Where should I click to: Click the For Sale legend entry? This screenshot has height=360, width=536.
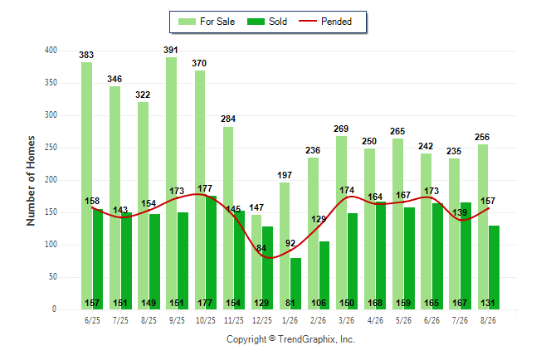click(207, 22)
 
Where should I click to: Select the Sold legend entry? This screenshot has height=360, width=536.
click(267, 22)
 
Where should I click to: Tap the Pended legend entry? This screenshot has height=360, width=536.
click(325, 22)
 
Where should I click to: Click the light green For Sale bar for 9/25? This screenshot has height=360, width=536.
click(172, 183)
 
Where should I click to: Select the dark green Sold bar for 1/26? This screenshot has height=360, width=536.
click(295, 284)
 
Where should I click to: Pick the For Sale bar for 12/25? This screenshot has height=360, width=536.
click(256, 262)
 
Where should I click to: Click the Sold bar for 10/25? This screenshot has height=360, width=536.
click(211, 253)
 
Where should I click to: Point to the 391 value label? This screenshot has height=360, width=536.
click(171, 51)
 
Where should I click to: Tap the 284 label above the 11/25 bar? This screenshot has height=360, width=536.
click(228, 119)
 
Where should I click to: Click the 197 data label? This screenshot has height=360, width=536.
click(285, 175)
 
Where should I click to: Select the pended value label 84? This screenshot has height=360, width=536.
click(261, 248)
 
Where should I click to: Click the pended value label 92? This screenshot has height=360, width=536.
click(290, 243)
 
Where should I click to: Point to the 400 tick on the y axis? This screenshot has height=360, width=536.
click(51, 51)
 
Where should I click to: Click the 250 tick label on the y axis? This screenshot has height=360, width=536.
click(51, 148)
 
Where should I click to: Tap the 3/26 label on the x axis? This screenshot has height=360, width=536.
click(346, 320)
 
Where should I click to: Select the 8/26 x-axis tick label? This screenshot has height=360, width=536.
click(488, 320)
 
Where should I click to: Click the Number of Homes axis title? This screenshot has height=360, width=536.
click(31, 181)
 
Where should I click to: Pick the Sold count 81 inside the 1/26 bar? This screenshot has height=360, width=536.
click(290, 304)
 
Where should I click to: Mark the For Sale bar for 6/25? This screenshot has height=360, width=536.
click(86, 186)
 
